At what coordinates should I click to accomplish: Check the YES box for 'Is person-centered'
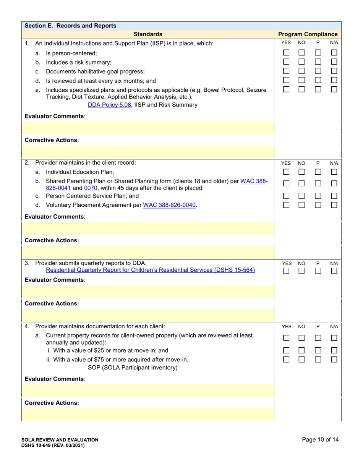pos(286,53)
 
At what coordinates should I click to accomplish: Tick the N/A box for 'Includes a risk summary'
pos(334,62)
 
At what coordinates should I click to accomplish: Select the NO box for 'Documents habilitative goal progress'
pos(302,71)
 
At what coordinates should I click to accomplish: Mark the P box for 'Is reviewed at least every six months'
pos(318,80)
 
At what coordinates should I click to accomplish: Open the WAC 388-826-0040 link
pos(170,205)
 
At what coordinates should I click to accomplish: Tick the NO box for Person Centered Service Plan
pos(302,196)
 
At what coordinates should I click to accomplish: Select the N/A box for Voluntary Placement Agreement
pos(334,205)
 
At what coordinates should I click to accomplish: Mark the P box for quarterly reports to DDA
pos(318,271)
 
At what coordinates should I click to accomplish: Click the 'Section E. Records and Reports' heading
pos(70,26)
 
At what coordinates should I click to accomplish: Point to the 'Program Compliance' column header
pos(308,34)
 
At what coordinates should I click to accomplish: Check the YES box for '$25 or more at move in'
pos(286,350)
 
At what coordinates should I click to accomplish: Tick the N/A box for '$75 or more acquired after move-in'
pos(334,360)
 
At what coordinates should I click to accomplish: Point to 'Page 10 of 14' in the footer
pos(320,439)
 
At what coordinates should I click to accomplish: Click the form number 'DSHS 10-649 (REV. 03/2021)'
pos(53,446)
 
